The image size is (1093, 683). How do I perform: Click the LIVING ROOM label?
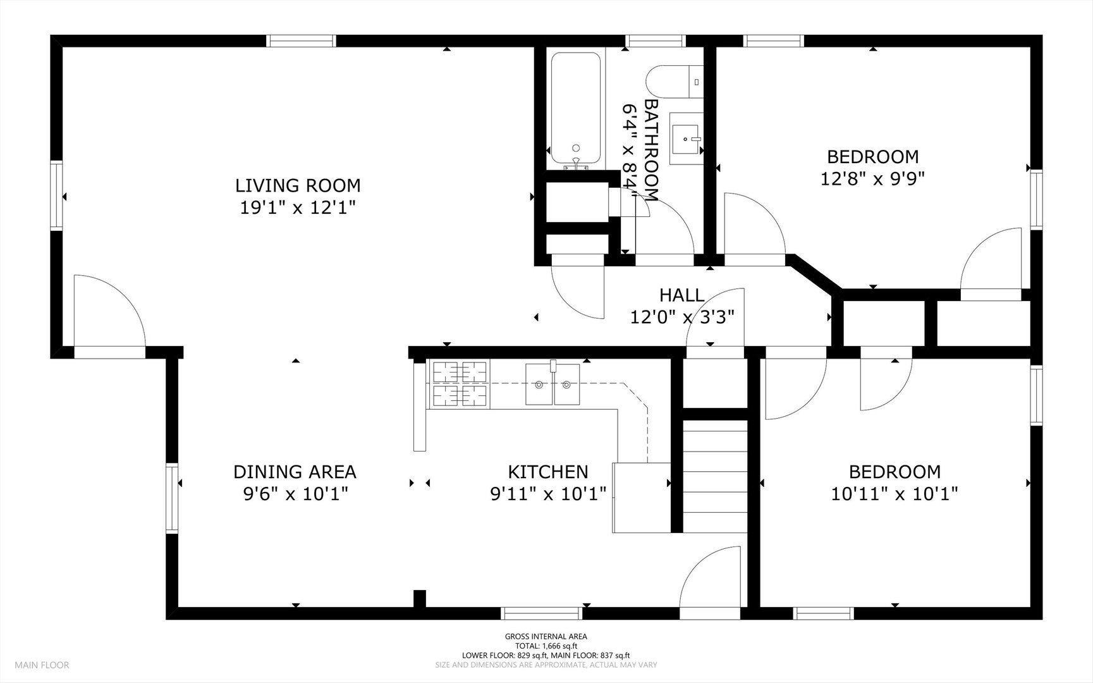tap(298, 185)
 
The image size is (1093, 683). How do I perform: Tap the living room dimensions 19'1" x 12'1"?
tap(298, 207)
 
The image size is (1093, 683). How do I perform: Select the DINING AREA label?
tap(295, 472)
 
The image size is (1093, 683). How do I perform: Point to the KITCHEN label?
tap(548, 472)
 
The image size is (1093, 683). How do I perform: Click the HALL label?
tap(681, 295)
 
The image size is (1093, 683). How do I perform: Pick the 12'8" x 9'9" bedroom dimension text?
tap(872, 179)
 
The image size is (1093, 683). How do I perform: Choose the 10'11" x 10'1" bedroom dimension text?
tap(895, 493)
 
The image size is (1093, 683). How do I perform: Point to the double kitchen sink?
tap(552, 384)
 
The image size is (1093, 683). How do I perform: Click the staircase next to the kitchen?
tap(715, 477)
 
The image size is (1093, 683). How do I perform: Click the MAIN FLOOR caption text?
tap(42, 665)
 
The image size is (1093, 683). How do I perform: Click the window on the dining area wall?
tap(173, 498)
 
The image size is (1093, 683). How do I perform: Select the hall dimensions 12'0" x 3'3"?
tap(682, 316)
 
